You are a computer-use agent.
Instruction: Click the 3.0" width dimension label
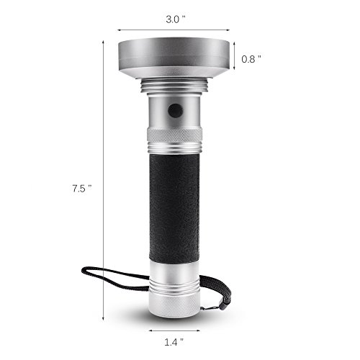[176, 19]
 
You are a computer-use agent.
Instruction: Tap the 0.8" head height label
[251, 59]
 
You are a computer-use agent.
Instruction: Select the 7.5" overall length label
[82, 189]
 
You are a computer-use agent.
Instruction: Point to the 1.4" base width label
[174, 342]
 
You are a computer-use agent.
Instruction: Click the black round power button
[176, 111]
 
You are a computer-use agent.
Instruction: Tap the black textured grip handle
[174, 208]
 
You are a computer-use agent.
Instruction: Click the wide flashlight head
[174, 59]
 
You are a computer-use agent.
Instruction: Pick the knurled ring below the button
[174, 135]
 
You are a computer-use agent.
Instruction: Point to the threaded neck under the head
[174, 86]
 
